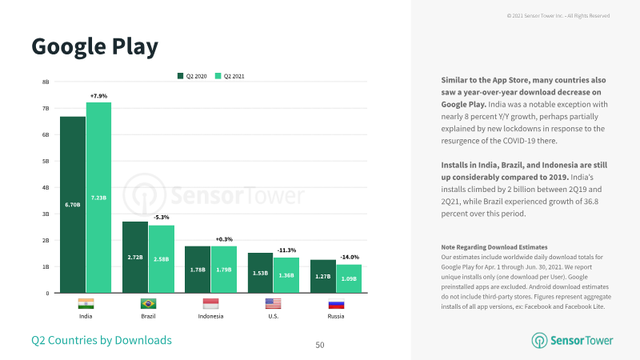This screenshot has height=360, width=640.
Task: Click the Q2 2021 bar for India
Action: click(98, 198)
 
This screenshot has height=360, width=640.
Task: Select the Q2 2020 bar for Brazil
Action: click(135, 257)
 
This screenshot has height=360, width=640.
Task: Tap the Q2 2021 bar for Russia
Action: click(349, 278)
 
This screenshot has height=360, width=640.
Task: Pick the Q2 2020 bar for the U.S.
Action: click(261, 273)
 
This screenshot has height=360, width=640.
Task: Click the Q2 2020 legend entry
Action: click(192, 76)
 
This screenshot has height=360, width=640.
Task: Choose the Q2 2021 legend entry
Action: click(230, 76)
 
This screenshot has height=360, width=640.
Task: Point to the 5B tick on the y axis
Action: click(46, 162)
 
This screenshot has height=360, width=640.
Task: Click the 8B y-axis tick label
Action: click(46, 82)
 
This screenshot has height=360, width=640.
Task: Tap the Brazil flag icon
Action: click(148, 304)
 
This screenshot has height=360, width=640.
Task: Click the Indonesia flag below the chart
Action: click(210, 304)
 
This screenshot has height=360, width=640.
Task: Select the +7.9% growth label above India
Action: click(98, 96)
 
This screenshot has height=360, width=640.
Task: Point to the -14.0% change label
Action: click(350, 257)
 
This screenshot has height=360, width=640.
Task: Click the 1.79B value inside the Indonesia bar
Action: click(224, 270)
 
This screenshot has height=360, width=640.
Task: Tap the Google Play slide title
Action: click(94, 47)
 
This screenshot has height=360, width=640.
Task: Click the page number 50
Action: click(320, 345)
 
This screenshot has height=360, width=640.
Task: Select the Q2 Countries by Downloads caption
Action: click(102, 340)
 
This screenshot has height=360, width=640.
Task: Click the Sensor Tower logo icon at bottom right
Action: click(539, 341)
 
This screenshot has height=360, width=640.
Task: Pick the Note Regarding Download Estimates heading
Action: click(494, 247)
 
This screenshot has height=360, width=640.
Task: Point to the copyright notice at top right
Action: click(558, 15)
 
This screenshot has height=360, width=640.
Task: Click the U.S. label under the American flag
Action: click(274, 316)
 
